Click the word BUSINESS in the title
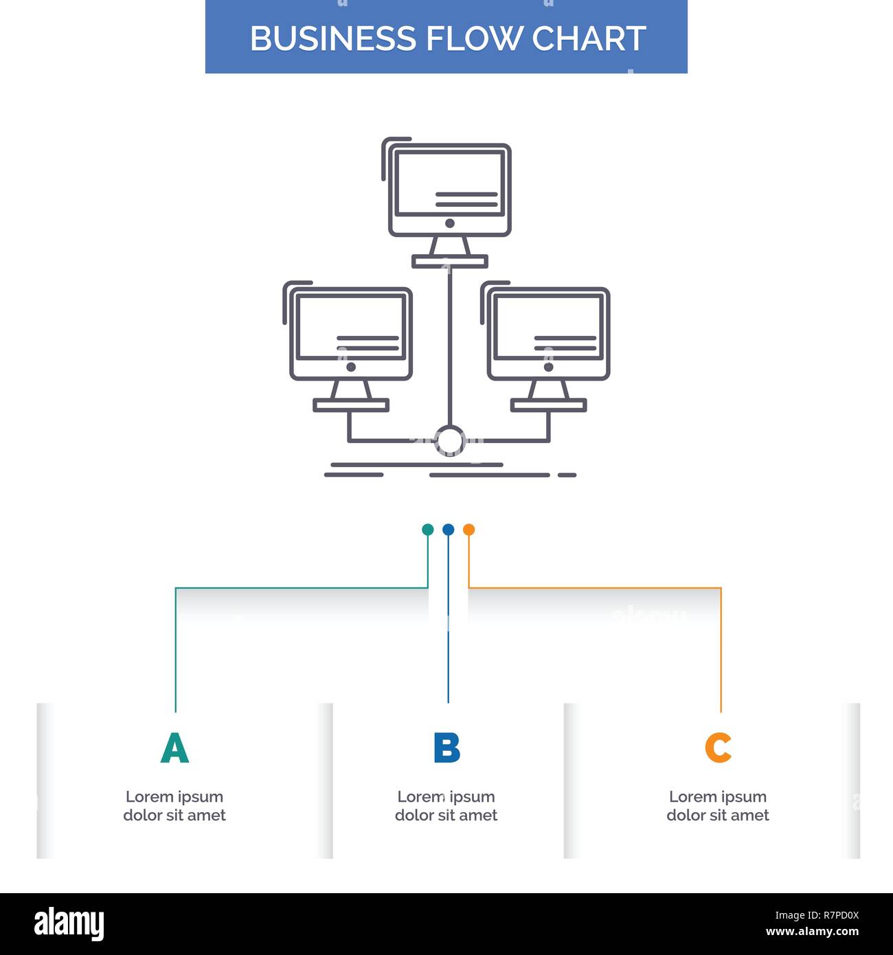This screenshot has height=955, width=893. [x=332, y=38]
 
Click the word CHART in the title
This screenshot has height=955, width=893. [x=589, y=38]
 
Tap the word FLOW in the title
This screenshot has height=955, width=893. [x=474, y=38]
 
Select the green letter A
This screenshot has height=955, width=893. [x=174, y=748]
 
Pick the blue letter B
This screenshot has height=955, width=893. [x=447, y=748]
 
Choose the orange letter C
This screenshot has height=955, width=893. [x=718, y=748]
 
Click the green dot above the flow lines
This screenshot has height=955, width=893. [x=427, y=530]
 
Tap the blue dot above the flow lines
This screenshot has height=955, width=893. [x=448, y=530]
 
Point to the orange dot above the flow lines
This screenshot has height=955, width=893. [x=469, y=530]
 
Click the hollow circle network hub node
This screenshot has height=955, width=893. [x=450, y=427]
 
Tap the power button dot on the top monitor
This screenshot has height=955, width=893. [x=450, y=223]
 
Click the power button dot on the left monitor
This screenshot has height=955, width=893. [x=351, y=367]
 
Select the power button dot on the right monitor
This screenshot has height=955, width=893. [x=548, y=367]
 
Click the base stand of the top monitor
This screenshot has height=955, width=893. [x=450, y=261]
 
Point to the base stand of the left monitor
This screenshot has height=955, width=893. [x=351, y=405]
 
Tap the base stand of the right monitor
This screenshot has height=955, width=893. [x=548, y=405]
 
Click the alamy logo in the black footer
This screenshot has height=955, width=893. [x=69, y=924]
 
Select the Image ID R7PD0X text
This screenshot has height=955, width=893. [x=817, y=915]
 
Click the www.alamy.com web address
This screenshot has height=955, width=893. [x=812, y=932]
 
